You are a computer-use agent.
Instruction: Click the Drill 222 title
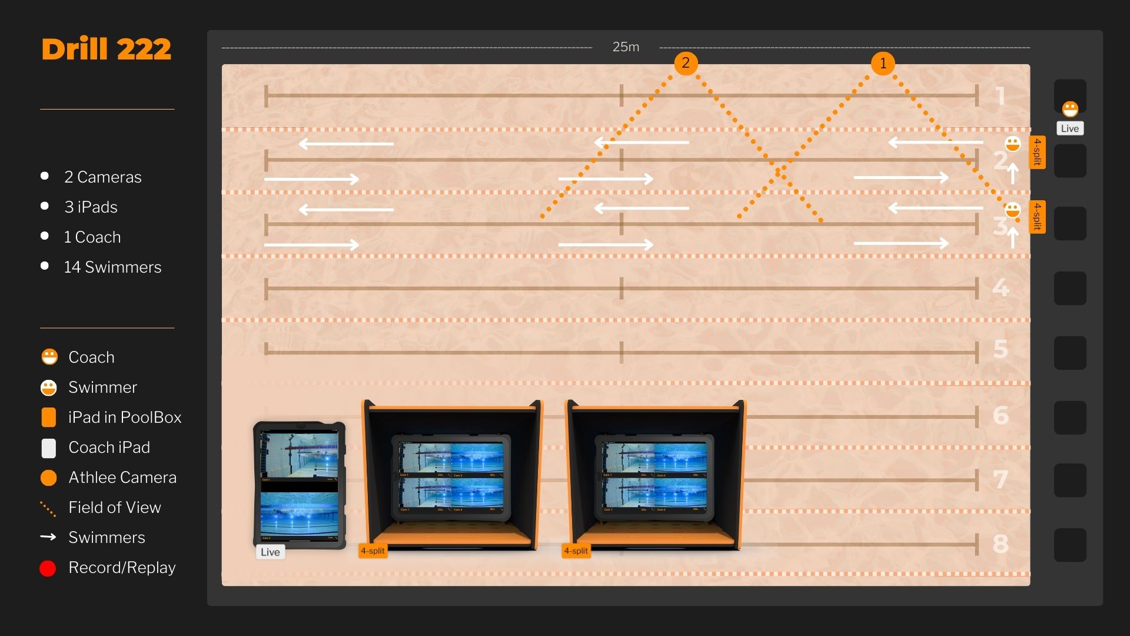pyautogui.click(x=107, y=49)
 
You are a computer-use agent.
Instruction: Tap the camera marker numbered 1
pyautogui.click(x=883, y=63)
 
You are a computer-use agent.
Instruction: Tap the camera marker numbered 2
pyautogui.click(x=686, y=62)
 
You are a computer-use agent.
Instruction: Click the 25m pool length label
pyautogui.click(x=626, y=47)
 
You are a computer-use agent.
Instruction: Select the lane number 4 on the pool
pyautogui.click(x=1001, y=287)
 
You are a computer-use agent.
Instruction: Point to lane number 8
pyautogui.click(x=1001, y=544)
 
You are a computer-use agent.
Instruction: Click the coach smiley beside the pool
pyautogui.click(x=1070, y=109)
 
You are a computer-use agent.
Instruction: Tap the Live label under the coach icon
pyautogui.click(x=1070, y=128)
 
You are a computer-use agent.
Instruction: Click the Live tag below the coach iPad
pyautogui.click(x=270, y=552)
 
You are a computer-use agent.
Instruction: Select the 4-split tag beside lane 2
pyautogui.click(x=1038, y=152)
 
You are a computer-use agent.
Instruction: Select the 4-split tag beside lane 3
pyautogui.click(x=1038, y=217)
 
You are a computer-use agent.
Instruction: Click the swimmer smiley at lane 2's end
pyautogui.click(x=1012, y=144)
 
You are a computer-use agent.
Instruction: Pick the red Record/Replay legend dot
pyautogui.click(x=48, y=568)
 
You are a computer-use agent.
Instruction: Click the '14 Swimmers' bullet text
pyautogui.click(x=112, y=267)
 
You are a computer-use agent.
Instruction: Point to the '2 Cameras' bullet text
pyautogui.click(x=103, y=177)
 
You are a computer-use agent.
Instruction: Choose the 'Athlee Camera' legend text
pyautogui.click(x=122, y=478)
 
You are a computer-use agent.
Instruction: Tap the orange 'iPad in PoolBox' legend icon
pyautogui.click(x=49, y=418)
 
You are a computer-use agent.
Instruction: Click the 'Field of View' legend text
pyautogui.click(x=115, y=508)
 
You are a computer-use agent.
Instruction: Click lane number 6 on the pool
pyautogui.click(x=1001, y=415)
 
